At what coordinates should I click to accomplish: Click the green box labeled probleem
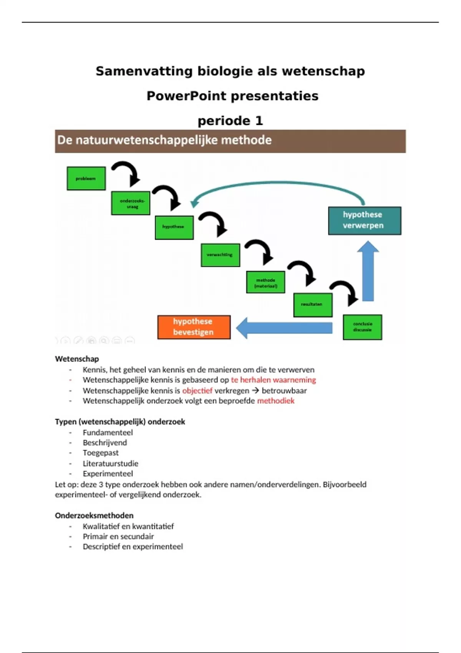tap(86, 178)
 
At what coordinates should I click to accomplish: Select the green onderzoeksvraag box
tap(131, 203)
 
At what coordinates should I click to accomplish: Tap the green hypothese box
tap(174, 227)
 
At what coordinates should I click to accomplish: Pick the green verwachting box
tap(220, 255)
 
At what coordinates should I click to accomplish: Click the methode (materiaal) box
tap(265, 282)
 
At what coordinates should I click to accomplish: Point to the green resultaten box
tap(313, 305)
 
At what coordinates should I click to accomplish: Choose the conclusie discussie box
tap(362, 327)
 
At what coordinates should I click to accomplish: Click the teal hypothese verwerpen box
tap(364, 220)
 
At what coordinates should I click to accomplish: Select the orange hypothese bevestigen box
tap(194, 327)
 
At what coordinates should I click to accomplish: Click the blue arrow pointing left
tap(284, 328)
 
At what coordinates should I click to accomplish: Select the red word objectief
tap(197, 391)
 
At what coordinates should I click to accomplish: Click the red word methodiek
tap(275, 401)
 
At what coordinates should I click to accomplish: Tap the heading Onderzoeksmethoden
tap(94, 515)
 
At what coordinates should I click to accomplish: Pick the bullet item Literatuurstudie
tap(110, 464)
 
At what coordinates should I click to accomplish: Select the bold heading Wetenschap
tap(77, 359)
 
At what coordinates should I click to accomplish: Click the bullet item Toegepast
tap(101, 453)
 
